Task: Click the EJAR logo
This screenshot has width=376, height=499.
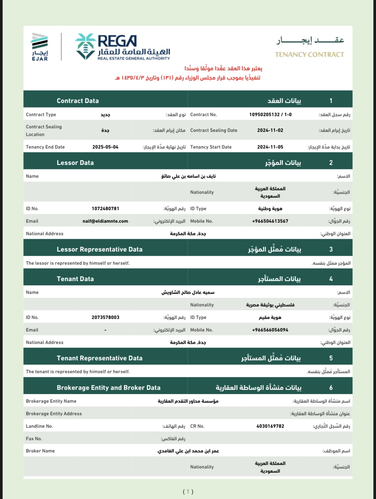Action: (40, 47)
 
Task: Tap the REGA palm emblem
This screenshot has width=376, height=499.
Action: (85, 46)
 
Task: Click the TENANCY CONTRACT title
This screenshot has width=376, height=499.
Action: (309, 55)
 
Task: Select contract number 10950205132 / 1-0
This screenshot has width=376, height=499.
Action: (270, 115)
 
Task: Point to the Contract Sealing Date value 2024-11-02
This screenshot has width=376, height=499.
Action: (270, 130)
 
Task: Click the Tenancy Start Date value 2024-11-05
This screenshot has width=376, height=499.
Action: (270, 147)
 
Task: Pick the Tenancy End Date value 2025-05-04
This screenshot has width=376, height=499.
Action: (105, 147)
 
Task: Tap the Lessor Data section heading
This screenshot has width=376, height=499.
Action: (75, 163)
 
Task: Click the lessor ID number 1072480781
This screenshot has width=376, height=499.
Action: (105, 209)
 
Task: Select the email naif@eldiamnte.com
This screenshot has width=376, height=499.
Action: (105, 221)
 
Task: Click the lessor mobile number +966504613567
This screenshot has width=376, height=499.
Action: (270, 221)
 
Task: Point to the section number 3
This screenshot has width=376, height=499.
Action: (331, 249)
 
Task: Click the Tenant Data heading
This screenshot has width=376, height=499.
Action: (75, 279)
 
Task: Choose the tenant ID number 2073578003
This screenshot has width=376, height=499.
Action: (105, 317)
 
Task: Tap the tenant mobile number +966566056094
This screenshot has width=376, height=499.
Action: (270, 330)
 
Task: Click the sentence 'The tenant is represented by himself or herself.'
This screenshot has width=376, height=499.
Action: (78, 372)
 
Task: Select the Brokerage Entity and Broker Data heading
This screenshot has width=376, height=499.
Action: (109, 388)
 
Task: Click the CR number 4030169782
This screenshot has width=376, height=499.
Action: (270, 426)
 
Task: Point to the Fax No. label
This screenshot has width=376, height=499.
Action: (34, 439)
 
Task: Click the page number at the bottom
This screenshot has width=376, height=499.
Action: (188, 491)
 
